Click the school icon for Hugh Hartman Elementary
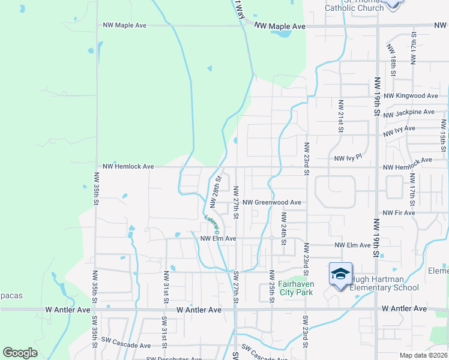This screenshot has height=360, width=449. [340, 275]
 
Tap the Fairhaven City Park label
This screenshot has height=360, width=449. [296, 288]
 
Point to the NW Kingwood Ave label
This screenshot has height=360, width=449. [411, 96]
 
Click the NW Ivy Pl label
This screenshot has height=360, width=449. [348, 158]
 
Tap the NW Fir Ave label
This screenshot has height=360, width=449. [399, 213]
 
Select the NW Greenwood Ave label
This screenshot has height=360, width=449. [271, 203]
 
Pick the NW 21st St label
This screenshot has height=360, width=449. [340, 116]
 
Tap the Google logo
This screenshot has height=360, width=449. [20, 353]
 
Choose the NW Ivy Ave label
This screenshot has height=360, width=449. [401, 129]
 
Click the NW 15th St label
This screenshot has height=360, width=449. [443, 138]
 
